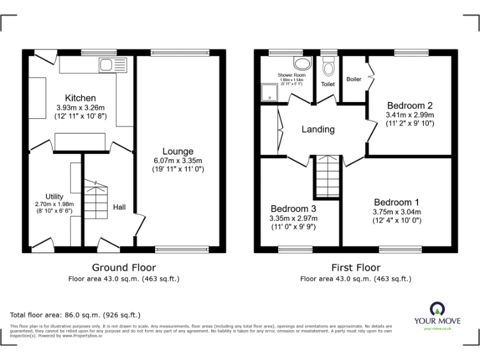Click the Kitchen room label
[81, 98]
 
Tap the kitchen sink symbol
[106, 64]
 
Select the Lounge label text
[177, 151]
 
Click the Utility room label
[54, 196]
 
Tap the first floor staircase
[326, 176]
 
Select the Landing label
[318, 130]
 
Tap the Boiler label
[354, 79]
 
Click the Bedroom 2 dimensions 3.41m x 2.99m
[410, 115]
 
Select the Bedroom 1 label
[396, 202]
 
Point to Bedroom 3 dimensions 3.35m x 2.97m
[293, 218]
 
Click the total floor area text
[76, 315]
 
